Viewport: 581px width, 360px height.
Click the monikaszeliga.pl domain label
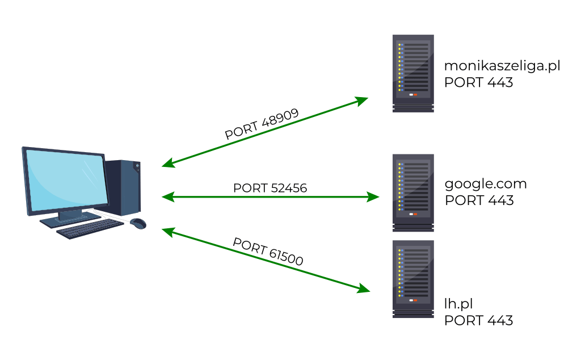[x=502, y=66]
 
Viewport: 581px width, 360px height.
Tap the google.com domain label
[x=486, y=184]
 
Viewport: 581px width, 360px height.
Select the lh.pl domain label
[x=458, y=304]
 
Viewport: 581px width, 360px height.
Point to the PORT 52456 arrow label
[x=270, y=188]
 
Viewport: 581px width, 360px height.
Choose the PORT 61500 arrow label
[x=268, y=252]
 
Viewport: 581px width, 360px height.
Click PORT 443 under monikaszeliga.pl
[x=478, y=82]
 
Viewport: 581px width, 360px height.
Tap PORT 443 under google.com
[x=479, y=200]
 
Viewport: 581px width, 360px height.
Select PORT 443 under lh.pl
[x=478, y=320]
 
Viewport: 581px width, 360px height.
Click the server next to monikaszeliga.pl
[x=413, y=73]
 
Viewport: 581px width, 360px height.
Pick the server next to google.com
[x=413, y=192]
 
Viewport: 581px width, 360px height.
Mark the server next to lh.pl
[x=413, y=278]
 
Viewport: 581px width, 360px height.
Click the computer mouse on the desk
[x=137, y=223]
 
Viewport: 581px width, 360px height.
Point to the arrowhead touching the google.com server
[x=373, y=197]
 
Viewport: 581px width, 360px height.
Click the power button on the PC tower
[x=137, y=167]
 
